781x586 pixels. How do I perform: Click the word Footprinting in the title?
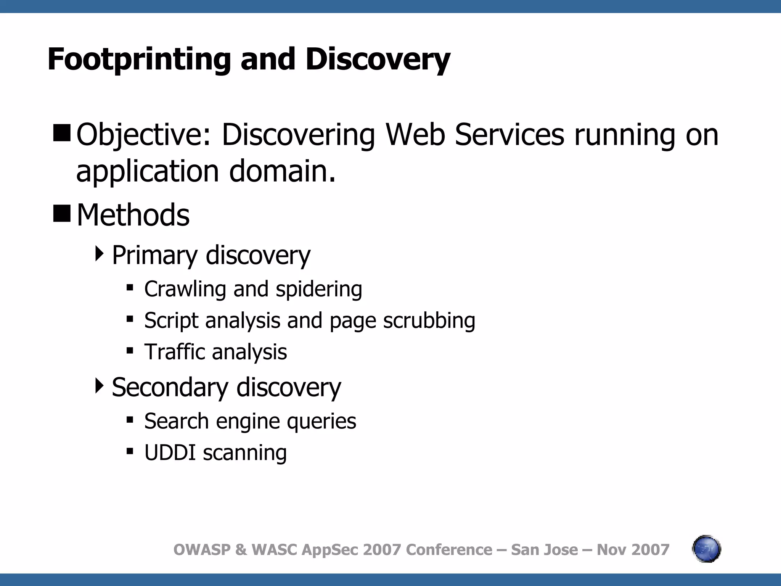pos(139,60)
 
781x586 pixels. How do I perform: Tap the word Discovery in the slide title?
pos(378,60)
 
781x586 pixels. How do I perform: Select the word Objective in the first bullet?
pos(143,135)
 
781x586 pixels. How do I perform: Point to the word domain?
pos(282,171)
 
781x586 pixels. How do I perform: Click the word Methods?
pos(133,215)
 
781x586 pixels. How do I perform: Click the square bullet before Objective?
pos(62,133)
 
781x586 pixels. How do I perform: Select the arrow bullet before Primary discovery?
pos(100,254)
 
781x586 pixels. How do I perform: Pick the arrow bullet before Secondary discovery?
pos(100,386)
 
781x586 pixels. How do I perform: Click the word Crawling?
pos(185,289)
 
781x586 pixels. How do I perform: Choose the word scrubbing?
pos(429,320)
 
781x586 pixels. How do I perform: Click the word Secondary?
pos(170,387)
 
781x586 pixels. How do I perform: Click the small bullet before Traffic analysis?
pos(130,350)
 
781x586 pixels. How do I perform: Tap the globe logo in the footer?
pos(706,549)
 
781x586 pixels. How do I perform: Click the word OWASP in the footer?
pos(202,550)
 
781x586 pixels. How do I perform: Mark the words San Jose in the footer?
pos(544,550)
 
